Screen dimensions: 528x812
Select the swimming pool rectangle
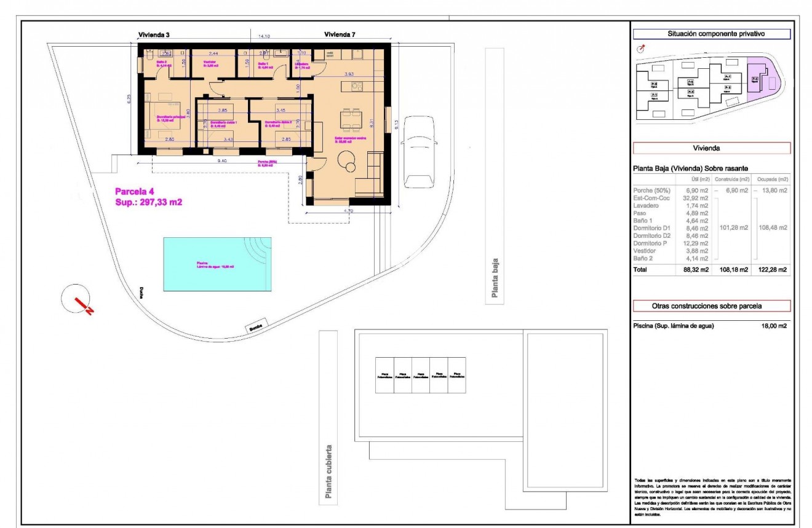217,265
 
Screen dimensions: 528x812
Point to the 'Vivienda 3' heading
153,35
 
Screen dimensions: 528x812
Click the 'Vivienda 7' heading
340,35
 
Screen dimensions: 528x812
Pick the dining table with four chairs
352,120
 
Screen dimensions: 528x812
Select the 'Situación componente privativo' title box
711,34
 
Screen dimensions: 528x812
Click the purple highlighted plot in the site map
762,80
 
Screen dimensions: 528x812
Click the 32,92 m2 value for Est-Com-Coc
696,198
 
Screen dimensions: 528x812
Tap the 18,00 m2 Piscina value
773,326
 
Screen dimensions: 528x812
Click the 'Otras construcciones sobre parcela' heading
711,306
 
